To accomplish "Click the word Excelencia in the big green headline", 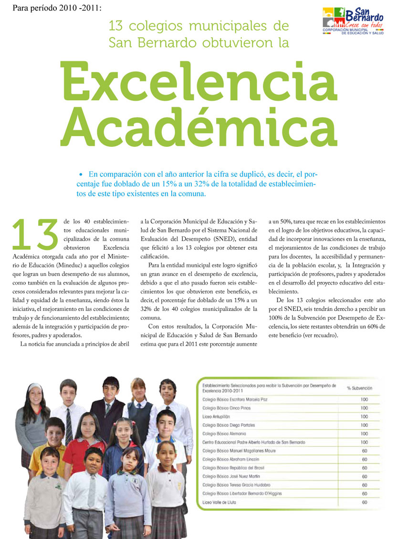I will tap(200, 83).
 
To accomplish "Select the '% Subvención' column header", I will tap(359, 388).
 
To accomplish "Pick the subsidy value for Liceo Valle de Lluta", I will tap(364, 502).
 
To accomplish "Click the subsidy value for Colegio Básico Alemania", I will tap(364, 434).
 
